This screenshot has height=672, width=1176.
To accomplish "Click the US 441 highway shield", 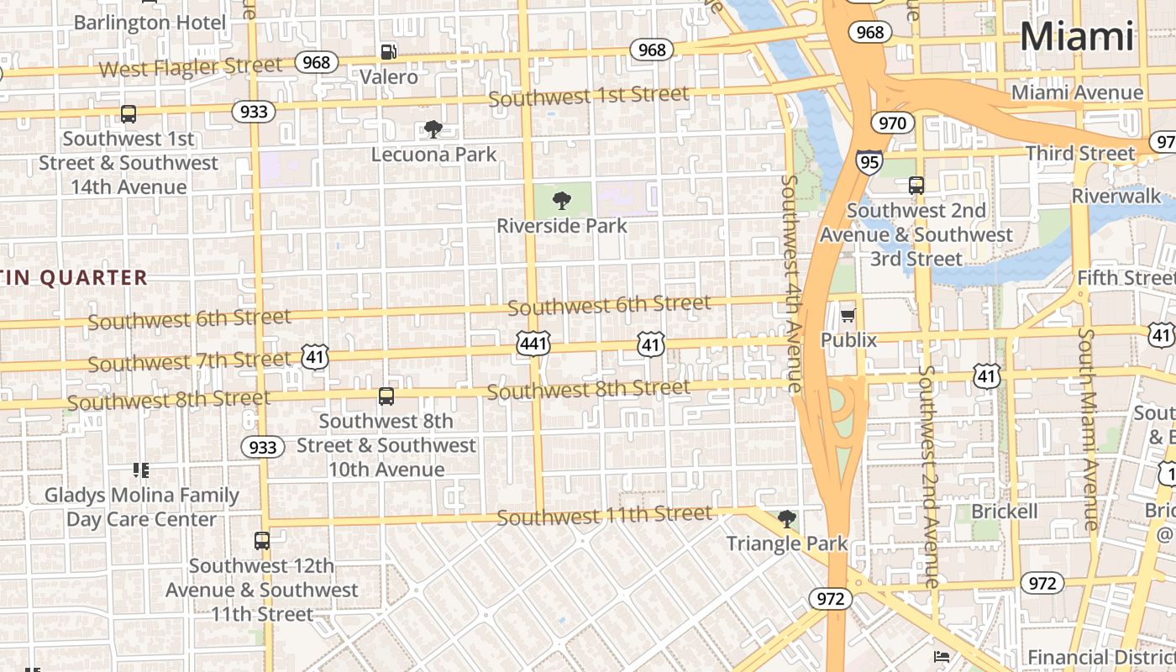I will pos(533,343).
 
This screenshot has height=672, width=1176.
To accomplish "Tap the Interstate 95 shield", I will pos(869,161).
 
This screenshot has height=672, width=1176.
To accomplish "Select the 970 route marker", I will pos(891,123).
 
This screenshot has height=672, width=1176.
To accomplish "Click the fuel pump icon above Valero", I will pos(388,52).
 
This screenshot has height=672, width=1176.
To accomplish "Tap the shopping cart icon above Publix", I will pos(848,316).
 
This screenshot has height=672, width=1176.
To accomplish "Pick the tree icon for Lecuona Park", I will pos(433,129).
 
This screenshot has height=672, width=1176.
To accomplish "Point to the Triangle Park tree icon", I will pos(786,518).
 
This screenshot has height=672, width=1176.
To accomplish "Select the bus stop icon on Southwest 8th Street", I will pos(386,396).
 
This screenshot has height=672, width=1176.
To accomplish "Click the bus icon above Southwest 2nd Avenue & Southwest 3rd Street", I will pos(916,186).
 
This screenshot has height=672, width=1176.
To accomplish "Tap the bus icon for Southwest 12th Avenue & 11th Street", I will pos(262,541).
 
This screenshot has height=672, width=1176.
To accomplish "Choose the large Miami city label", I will pos(1077,37).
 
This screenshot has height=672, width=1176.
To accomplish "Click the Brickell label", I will pos(1005,512).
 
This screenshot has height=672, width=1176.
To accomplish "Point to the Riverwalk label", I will pos(1116,196).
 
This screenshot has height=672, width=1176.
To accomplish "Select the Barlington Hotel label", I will pos(150,22).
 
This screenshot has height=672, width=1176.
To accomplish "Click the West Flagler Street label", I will pos(191,67).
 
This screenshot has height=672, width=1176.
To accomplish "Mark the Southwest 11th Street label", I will pos(605,515).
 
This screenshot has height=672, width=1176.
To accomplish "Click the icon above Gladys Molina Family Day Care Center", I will pos(141,470).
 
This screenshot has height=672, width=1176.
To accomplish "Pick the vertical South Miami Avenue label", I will pos(1089,428).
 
